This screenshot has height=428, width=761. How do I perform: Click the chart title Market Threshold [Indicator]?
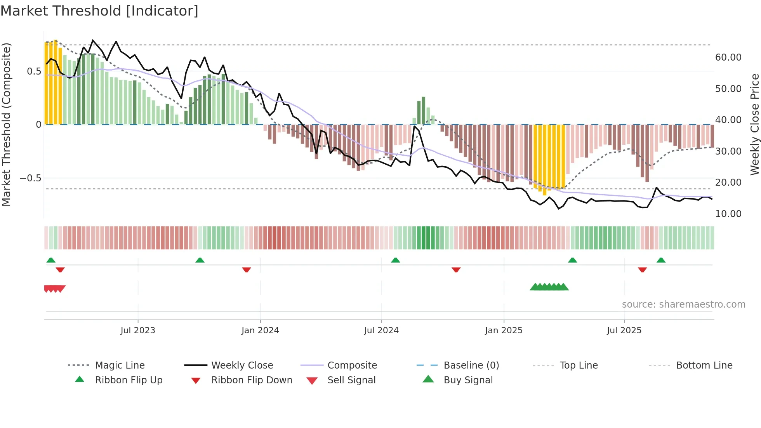coord(99,11)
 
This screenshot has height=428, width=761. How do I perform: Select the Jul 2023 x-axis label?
coord(138,331)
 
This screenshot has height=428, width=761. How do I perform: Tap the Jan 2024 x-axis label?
coord(260,331)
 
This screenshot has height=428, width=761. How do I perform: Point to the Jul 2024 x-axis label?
coord(381,331)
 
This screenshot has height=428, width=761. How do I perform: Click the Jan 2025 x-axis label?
coord(504,331)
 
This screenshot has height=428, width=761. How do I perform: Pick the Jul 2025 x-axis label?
coord(624,331)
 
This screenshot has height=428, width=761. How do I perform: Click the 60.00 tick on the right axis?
coord(728,57)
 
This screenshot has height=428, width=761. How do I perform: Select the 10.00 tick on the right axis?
coord(728,214)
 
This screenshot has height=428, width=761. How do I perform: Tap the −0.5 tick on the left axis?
coord(30,178)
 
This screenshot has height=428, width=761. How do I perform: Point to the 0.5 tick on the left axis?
coord(34,71)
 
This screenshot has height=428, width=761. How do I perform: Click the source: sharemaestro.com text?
coord(683,304)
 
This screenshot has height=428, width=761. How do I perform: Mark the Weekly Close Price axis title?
coord(754,124)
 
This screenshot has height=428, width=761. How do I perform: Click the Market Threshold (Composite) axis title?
coord(6,124)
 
